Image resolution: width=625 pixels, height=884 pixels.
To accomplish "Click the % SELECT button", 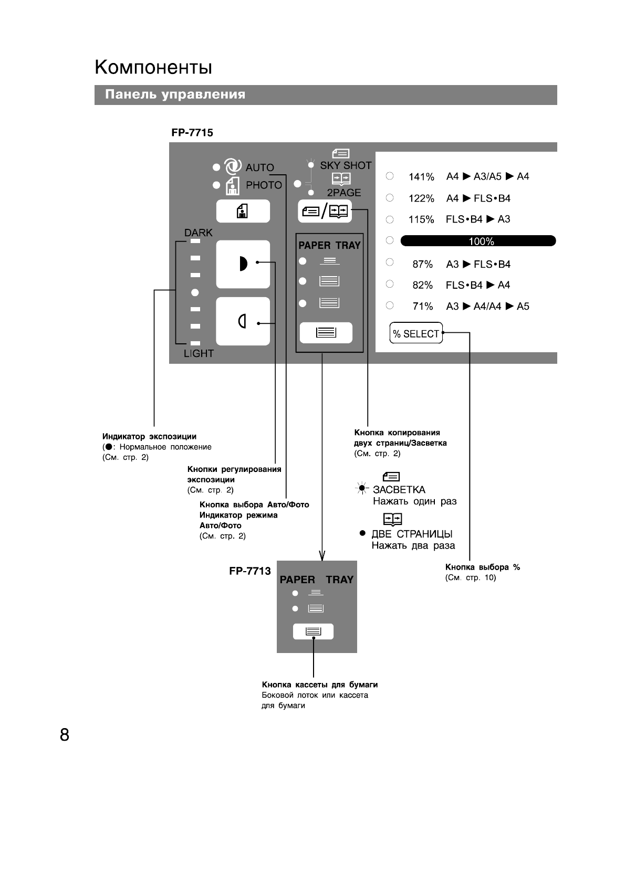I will [x=416, y=333].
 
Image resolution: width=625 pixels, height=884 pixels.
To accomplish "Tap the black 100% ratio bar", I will [x=478, y=241].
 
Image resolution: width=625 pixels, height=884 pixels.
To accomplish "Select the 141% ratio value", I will [x=421, y=177].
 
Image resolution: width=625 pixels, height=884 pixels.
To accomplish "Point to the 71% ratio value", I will [x=422, y=306].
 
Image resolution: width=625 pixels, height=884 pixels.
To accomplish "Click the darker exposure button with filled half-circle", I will [x=243, y=264].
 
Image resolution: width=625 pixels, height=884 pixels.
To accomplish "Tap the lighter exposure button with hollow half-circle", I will [x=243, y=321].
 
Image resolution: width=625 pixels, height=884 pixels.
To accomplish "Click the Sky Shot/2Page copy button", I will [x=325, y=211].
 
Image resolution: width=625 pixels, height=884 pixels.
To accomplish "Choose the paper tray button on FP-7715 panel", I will [x=326, y=333].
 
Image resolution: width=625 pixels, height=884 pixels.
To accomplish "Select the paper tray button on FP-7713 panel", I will [x=313, y=632].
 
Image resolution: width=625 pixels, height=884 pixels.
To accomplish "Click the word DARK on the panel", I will [x=198, y=233].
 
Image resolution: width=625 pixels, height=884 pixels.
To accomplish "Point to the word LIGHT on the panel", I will [x=199, y=353].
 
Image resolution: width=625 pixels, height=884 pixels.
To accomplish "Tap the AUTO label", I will [x=259, y=168].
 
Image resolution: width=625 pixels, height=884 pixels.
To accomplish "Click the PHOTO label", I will [x=264, y=185].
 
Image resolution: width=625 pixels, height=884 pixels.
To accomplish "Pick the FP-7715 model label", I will [x=192, y=133].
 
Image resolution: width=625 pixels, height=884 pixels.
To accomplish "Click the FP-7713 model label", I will [x=250, y=571].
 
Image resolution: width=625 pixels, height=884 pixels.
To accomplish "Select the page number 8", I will [x=65, y=735].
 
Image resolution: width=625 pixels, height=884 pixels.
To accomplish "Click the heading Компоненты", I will [x=153, y=67].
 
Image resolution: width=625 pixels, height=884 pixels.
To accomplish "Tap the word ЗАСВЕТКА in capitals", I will [x=399, y=490].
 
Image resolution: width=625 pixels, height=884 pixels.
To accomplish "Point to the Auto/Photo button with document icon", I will [x=243, y=211].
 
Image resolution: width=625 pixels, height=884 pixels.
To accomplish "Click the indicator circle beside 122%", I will [x=390, y=198].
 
